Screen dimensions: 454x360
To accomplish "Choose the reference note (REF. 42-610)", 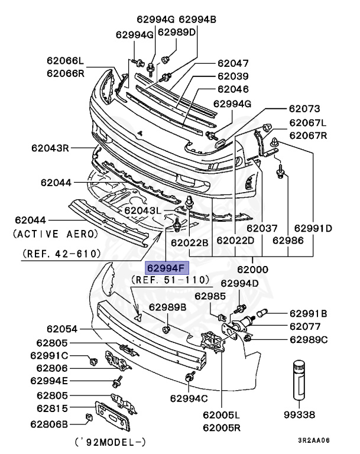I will (61, 254).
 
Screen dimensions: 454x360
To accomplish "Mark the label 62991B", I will (308, 313).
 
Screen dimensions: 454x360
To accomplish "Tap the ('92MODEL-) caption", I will (111, 442).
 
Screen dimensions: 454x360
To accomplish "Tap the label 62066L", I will (66, 60).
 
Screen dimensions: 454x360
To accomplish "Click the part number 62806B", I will (50, 423).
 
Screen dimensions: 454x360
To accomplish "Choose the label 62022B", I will (190, 241).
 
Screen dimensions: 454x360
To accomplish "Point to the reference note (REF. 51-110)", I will (171, 279).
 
